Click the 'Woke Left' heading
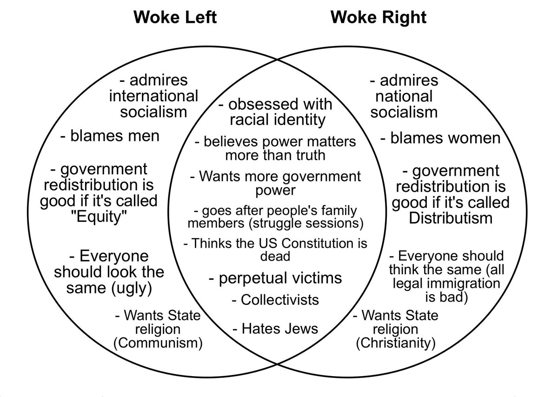pyautogui.click(x=175, y=18)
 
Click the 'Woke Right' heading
pyautogui.click(x=379, y=18)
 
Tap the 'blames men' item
pyautogui.click(x=110, y=136)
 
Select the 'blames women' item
pyautogui.click(x=440, y=138)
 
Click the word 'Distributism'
pyautogui.click(x=450, y=218)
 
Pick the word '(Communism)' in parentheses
pyautogui.click(x=159, y=344)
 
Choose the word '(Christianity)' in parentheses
pyautogui.click(x=396, y=344)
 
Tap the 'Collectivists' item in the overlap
pyautogui.click(x=275, y=300)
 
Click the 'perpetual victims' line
pyautogui.click(x=275, y=278)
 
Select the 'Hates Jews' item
pyautogui.click(x=275, y=329)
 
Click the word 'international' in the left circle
pyautogui.click(x=153, y=96)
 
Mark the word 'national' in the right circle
pyautogui.click(x=404, y=96)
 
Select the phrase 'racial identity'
pyautogui.click(x=279, y=119)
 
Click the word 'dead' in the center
pyautogui.click(x=275, y=256)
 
